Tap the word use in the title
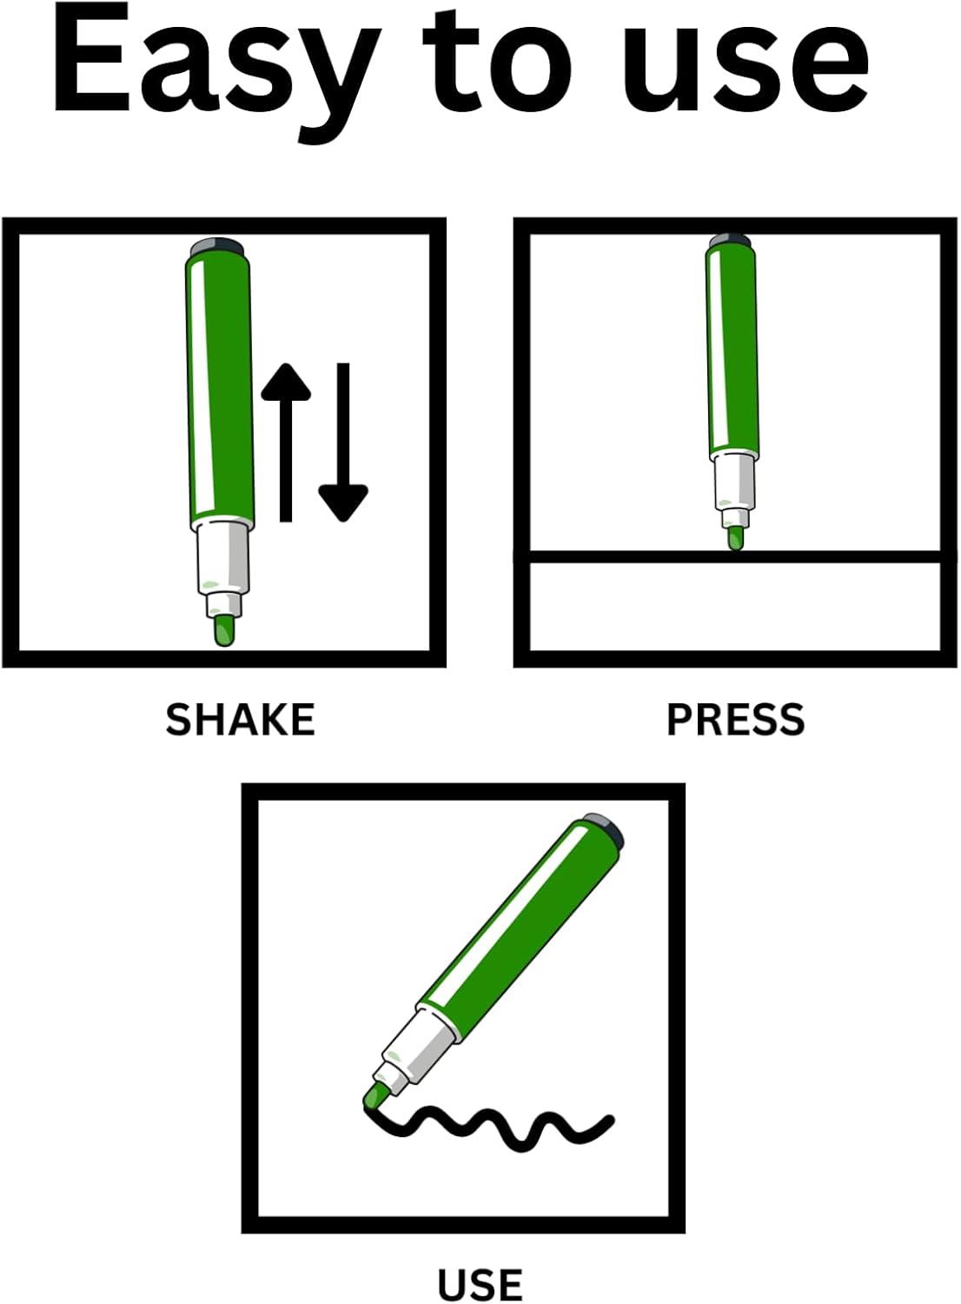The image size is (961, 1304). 746,73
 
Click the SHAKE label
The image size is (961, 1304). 240,720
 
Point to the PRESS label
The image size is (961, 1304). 736,720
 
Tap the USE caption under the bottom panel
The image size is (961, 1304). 480,1284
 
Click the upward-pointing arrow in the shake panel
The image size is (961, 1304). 286,442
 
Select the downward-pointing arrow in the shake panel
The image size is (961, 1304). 343,442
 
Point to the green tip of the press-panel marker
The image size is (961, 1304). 736,538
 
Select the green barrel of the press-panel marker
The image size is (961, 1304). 732,351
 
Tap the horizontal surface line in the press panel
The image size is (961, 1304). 735,556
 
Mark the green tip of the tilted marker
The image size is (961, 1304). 374,1097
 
